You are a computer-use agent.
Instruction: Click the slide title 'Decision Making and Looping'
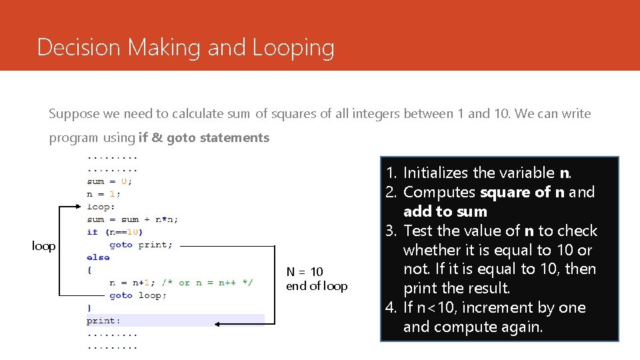pyautogui.click(x=185, y=47)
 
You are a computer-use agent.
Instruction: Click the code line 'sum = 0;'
pyautogui.click(x=109, y=181)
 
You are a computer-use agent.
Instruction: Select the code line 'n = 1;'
pyautogui.click(x=103, y=194)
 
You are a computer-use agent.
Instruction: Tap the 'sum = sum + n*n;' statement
pyautogui.click(x=132, y=219)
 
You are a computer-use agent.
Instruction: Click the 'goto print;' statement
pyautogui.click(x=141, y=245)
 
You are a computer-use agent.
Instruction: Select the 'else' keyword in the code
pyautogui.click(x=98, y=257)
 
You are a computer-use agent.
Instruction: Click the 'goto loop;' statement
pyautogui.click(x=138, y=295)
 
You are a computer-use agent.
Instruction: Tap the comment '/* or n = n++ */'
pyautogui.click(x=216, y=283)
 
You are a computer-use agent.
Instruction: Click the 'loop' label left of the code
pyautogui.click(x=44, y=246)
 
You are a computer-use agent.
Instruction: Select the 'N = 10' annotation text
pyautogui.click(x=305, y=271)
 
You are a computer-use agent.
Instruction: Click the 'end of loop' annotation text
pyautogui.click(x=317, y=287)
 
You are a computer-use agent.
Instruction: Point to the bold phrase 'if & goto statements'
pyautogui.click(x=204, y=138)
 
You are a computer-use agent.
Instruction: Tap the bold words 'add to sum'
pyautogui.click(x=445, y=211)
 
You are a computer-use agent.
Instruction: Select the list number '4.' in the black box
pyautogui.click(x=391, y=307)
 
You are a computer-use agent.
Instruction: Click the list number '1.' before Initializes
pyautogui.click(x=391, y=173)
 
